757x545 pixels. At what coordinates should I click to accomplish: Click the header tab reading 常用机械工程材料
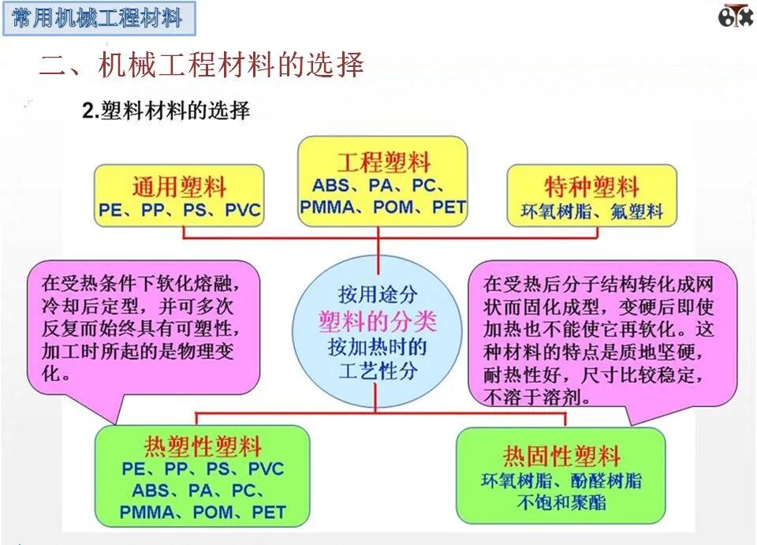[98, 18]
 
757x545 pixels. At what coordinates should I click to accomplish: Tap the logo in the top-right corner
[734, 16]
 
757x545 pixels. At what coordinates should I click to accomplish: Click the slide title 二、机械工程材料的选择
[202, 65]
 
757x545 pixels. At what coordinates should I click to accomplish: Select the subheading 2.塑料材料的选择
[166, 111]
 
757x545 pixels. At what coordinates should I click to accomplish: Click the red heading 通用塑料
[178, 187]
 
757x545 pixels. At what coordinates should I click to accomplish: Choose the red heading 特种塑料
[591, 187]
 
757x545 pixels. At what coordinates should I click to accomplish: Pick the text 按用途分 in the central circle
[377, 294]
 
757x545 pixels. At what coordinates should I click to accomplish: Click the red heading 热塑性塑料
[203, 446]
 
